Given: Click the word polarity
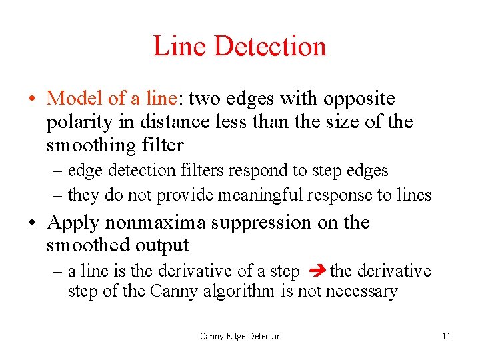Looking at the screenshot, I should [79, 122].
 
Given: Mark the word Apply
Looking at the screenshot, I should [73, 222].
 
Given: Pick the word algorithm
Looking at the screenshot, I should [237, 291].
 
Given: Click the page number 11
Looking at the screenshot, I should [446, 336].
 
